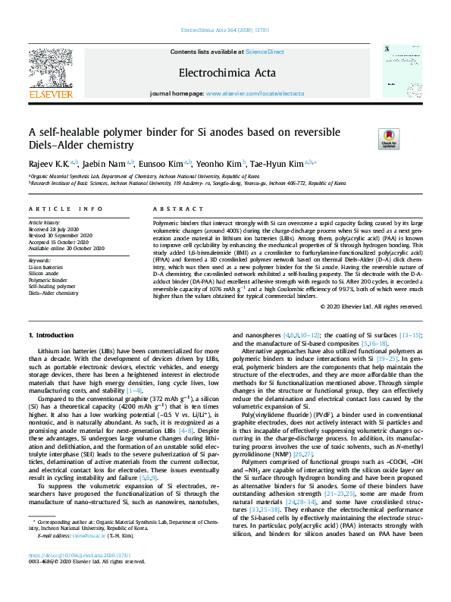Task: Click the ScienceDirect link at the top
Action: [x=265, y=52]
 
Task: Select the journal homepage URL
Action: [x=255, y=93]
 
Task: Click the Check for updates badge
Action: [x=387, y=137]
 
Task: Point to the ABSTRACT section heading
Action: [x=171, y=209]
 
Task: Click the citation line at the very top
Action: [x=225, y=31]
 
